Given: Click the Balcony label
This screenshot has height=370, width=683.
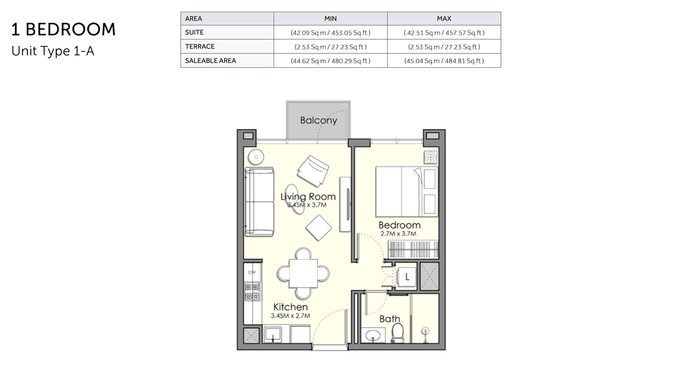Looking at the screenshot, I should (319, 121).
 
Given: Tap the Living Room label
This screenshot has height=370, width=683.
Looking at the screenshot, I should (308, 197).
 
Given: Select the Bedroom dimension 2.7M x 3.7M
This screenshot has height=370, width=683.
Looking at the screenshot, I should (399, 233).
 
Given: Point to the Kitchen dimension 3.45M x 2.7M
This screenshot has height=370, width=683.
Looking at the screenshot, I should (290, 315).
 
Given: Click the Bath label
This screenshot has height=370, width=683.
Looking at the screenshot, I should (390, 319).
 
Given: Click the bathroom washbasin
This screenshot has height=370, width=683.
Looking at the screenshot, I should (374, 334).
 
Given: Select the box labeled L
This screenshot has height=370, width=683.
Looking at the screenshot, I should (408, 277).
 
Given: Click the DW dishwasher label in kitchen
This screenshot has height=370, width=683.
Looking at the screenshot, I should (252, 273).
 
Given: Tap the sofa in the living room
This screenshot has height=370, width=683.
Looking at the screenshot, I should (259, 202).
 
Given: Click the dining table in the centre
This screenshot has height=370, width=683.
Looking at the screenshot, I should (303, 273).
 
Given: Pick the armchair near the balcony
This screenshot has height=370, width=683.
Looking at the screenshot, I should (312, 169).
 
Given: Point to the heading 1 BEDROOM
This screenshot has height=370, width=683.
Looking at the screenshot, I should (63, 30).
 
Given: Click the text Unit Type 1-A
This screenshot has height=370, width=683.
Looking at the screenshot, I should (52, 51).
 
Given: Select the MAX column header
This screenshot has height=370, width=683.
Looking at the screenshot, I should (444, 19).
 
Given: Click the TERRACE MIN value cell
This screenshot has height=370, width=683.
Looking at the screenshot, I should (330, 47).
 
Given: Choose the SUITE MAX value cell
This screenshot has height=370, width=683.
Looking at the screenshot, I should (444, 33).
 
